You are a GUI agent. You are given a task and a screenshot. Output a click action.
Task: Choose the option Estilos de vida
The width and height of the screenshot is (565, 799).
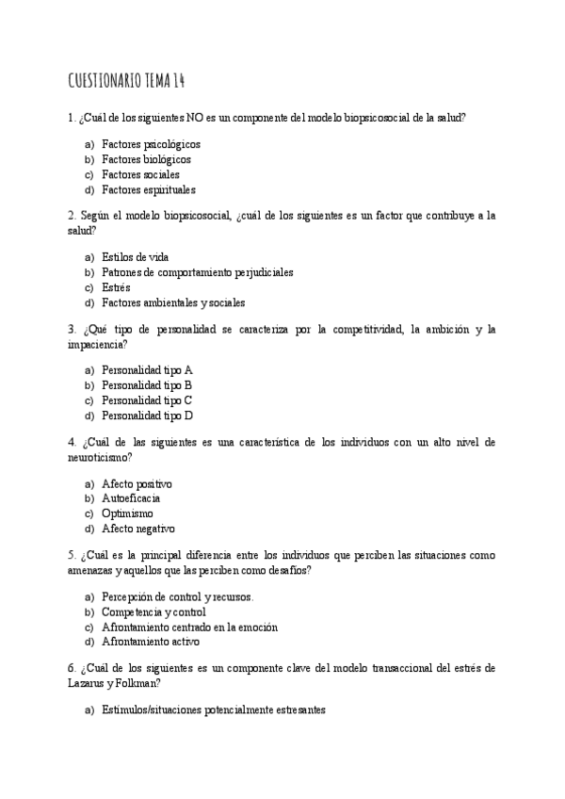[x=136, y=257]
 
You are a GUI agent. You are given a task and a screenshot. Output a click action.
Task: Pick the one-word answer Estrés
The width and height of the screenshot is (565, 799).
[x=116, y=287]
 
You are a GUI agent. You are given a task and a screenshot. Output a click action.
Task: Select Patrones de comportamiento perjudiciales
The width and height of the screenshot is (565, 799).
[x=197, y=272]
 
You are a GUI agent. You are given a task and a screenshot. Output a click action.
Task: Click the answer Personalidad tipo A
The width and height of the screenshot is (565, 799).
[x=147, y=370]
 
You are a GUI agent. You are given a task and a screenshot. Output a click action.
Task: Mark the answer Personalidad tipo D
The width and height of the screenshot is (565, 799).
[x=147, y=416]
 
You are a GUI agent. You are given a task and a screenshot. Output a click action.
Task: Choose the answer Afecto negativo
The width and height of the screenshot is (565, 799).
[x=137, y=529]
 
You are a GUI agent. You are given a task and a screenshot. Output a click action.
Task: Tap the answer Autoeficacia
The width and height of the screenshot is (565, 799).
[x=131, y=498]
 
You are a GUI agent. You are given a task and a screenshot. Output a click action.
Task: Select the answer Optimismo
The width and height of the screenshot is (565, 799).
[x=127, y=514]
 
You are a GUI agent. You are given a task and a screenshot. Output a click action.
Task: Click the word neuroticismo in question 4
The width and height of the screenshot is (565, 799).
[x=100, y=457]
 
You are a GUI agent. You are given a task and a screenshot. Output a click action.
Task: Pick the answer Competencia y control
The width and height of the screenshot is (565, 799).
[x=153, y=611]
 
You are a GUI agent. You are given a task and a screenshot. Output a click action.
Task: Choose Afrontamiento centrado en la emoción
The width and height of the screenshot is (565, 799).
[x=189, y=627]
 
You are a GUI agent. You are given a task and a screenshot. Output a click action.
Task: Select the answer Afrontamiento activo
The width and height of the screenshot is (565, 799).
[x=151, y=642]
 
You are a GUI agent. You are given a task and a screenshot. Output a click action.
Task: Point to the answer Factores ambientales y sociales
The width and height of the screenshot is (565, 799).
[x=173, y=302]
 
